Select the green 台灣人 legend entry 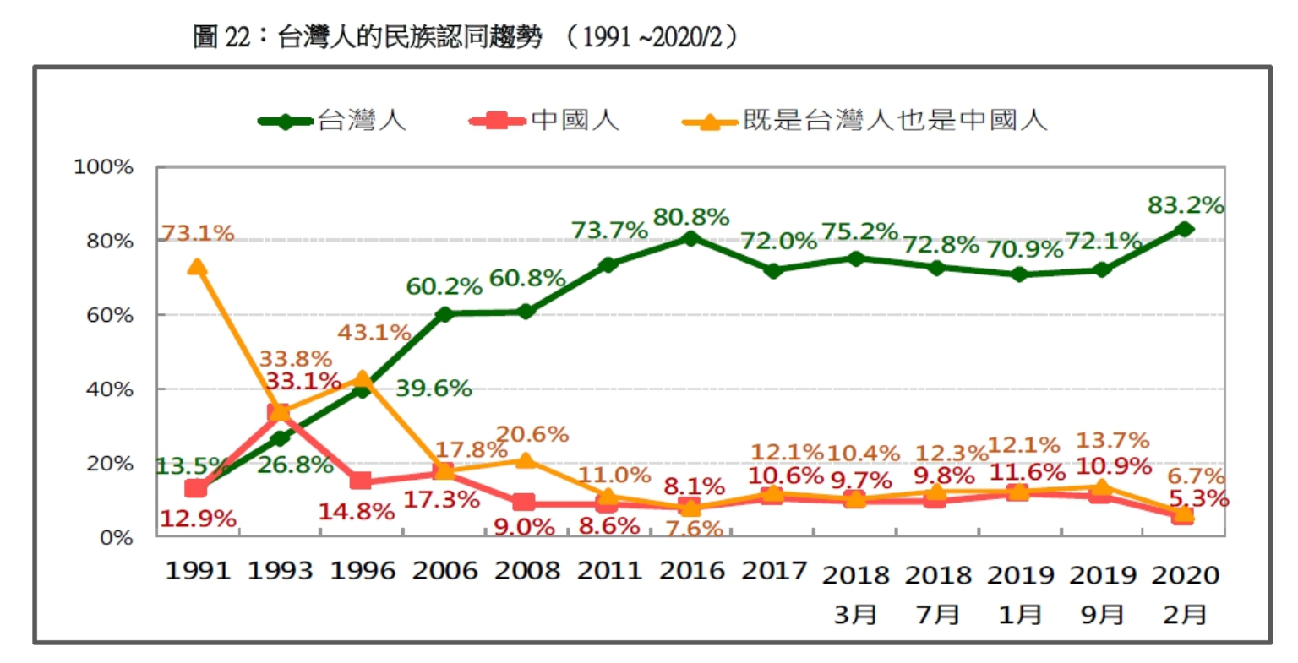pos(333,121)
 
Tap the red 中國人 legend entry pos(545,121)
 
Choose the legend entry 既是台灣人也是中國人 pos(865,121)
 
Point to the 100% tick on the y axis pos(104,167)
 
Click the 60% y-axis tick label pos(110,316)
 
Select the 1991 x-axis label pos(198,571)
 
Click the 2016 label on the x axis pos(691,571)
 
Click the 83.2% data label pos(1185,205)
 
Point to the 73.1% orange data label pos(197,233)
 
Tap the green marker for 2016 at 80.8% pos(691,238)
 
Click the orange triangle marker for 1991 pos(197,267)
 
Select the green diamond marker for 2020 pos(1185,229)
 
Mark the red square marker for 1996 pos(362,481)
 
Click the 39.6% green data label pos(433,389)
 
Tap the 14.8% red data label pos(356,511)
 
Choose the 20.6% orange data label pos(532,435)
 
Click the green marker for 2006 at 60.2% pos(444,314)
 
